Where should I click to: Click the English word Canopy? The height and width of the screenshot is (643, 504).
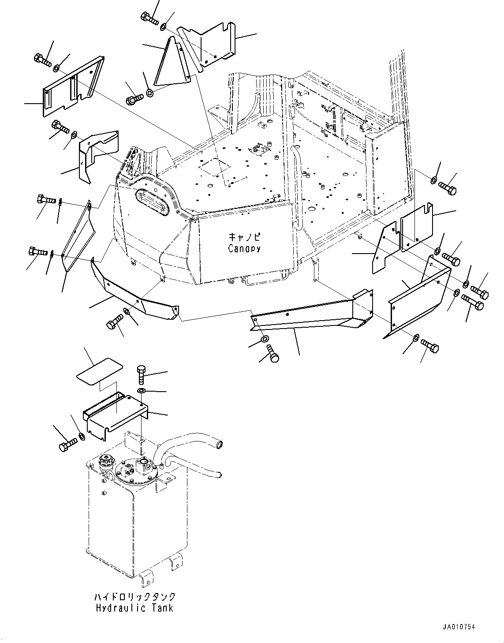coord(244,249)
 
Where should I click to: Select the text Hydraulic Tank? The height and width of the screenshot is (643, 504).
coord(134,608)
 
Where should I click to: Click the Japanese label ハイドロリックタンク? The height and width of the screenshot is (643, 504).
coord(134,597)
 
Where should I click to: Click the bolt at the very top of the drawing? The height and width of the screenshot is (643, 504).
coord(149,18)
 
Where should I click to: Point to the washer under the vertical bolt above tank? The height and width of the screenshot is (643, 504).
coord(141,391)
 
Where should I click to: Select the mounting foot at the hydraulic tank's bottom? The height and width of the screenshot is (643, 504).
coord(174,563)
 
